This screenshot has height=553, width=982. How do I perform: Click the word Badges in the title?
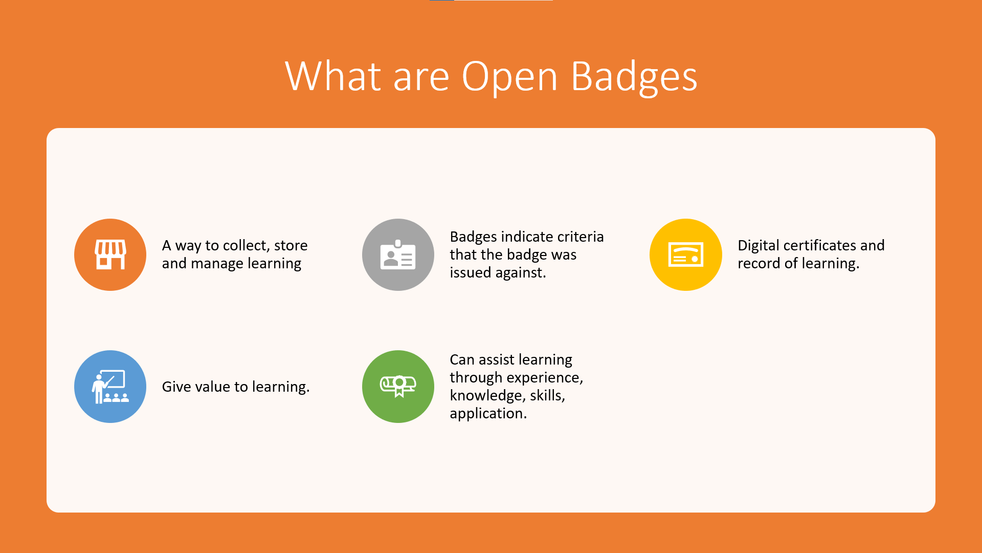634,77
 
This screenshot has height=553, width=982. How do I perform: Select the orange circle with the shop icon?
110,254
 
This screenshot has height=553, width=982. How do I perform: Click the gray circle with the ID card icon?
398,254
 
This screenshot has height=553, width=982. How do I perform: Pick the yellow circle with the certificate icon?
686,254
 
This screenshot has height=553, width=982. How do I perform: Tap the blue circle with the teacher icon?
110,387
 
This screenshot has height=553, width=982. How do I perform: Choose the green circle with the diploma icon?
398,387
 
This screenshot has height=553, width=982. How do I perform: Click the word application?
488,414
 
